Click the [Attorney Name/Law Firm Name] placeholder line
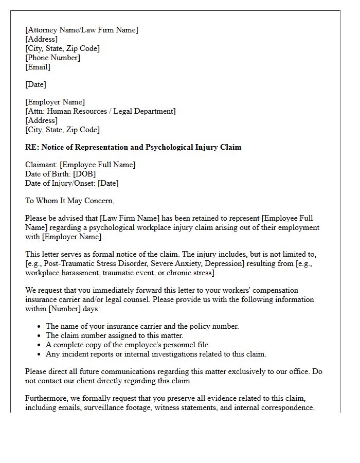point(82,30)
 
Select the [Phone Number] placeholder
point(52,58)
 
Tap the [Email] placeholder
point(38,67)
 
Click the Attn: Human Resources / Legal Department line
point(100,111)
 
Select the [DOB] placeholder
point(84,174)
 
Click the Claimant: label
point(42,165)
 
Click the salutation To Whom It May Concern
point(69,201)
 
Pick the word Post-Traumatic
point(68,263)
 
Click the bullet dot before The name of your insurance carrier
point(40,326)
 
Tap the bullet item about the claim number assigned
point(114,335)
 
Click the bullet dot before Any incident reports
point(40,354)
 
